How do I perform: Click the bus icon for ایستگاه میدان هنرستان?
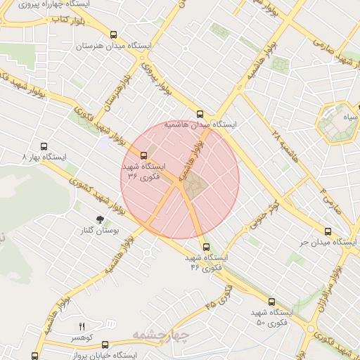coord(114,34)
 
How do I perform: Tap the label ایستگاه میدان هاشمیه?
coord(200,124)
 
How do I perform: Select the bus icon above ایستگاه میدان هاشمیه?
coord(200,113)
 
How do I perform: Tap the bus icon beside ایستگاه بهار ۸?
coord(44,147)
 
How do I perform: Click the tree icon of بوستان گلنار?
coord(99,219)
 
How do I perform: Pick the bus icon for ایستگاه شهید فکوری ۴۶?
coord(205,247)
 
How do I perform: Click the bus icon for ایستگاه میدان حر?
coord(328,231)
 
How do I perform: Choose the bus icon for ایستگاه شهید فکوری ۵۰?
coord(271,301)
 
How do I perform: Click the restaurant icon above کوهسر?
coord(82,327)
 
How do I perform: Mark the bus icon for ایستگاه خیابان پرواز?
coord(105,345)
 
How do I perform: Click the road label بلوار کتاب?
coord(67,21)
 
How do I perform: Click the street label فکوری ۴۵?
coord(219,298)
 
